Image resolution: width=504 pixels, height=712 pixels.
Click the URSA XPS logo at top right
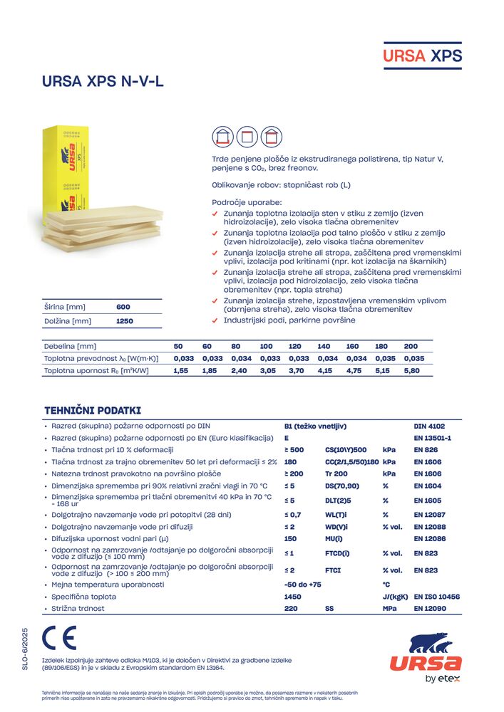pyautogui.click(x=423, y=56)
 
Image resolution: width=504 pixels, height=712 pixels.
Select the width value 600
pyautogui.click(x=123, y=307)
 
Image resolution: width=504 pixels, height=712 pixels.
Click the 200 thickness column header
pyautogui.click(x=411, y=346)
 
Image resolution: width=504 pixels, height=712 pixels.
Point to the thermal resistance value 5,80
pyautogui.click(x=412, y=371)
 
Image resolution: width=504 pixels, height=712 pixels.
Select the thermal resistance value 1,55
pyautogui.click(x=180, y=371)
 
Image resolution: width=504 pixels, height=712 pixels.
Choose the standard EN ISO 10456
pyautogui.click(x=437, y=597)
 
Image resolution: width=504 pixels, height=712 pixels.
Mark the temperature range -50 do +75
pyautogui.click(x=303, y=585)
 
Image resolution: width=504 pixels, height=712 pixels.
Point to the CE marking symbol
pyautogui.click(x=58, y=638)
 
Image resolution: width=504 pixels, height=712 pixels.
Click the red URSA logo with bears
pyautogui.click(x=426, y=654)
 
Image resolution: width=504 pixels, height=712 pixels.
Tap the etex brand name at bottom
pyautogui.click(x=451, y=679)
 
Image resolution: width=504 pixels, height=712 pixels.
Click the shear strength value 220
pyautogui.click(x=290, y=609)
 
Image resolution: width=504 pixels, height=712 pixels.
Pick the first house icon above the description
pyautogui.click(x=223, y=135)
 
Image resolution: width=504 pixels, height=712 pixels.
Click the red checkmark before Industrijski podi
pyautogui.click(x=216, y=321)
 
